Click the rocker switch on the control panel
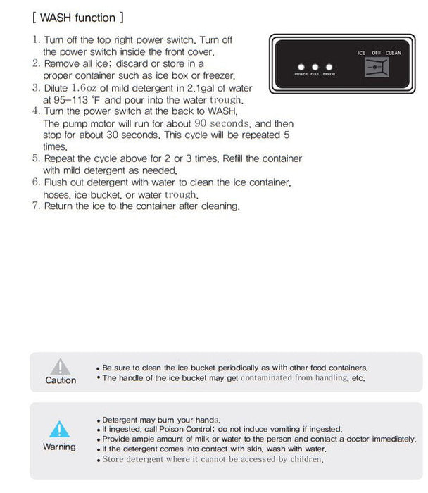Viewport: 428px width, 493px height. click(377, 67)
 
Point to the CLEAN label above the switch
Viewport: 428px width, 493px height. click(393, 53)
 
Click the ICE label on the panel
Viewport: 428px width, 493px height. click(362, 53)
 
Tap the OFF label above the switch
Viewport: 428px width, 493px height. click(377, 53)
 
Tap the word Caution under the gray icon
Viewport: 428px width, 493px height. click(61, 380)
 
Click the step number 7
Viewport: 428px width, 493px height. click(36, 206)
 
